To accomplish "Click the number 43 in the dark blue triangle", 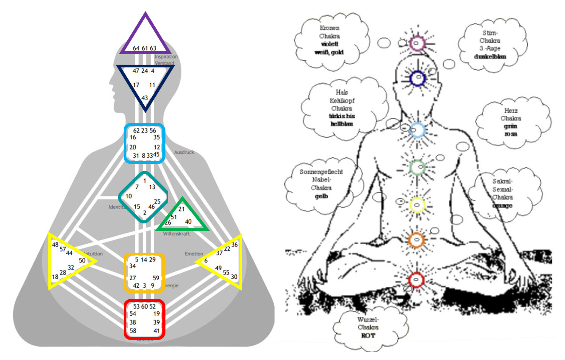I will click(x=145, y=98).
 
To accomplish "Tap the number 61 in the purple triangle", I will click(x=145, y=48).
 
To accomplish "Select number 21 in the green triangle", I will click(x=181, y=209).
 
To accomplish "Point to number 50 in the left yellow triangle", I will click(x=82, y=260).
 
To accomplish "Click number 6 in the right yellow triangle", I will click(x=206, y=260).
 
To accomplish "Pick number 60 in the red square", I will click(x=145, y=306).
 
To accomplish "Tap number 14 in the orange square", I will click(x=144, y=259).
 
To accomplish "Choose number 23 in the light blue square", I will click(x=145, y=130).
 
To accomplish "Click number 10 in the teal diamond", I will click(x=129, y=196).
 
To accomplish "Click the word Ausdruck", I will click(x=184, y=152).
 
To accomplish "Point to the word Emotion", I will click(x=194, y=254).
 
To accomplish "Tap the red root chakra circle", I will click(x=416, y=279).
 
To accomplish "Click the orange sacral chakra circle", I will click(x=416, y=239).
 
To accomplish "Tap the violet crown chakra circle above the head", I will click(x=417, y=43).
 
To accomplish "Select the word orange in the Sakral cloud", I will click(x=502, y=206).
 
